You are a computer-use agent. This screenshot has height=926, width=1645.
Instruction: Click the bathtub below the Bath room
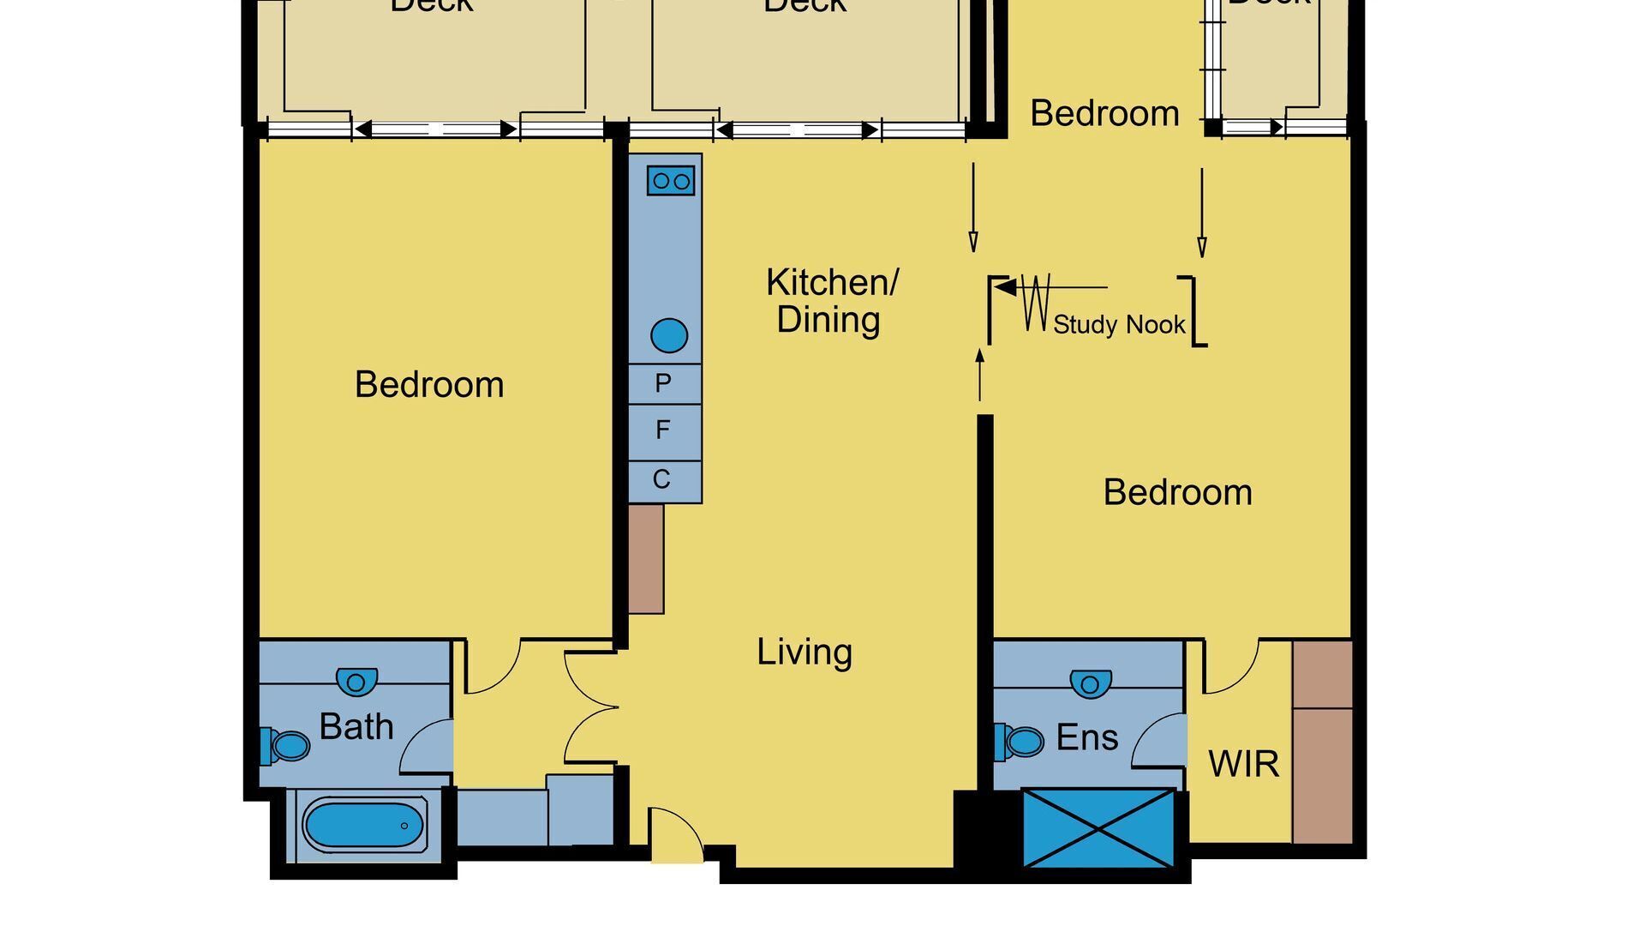point(363,825)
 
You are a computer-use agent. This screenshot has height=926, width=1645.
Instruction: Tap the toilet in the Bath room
point(287,745)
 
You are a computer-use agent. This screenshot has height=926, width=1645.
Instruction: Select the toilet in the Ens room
point(1020,741)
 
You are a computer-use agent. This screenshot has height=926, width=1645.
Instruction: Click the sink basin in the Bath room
point(356,682)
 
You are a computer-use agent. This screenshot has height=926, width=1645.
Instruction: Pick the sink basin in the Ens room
point(1090,683)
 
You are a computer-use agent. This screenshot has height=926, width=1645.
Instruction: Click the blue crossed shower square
point(1098,828)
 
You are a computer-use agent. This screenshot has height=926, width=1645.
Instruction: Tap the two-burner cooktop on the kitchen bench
point(671,181)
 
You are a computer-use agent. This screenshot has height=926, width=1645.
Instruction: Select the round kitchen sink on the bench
point(669,335)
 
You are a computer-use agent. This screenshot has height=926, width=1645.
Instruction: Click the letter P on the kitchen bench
point(663,383)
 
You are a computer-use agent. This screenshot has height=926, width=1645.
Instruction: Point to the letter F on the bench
point(663,430)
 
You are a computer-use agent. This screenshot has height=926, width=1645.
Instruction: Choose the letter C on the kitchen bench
point(661,479)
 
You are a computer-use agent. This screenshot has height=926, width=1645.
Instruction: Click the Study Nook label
point(1118,324)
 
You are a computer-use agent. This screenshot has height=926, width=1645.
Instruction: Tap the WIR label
point(1243,763)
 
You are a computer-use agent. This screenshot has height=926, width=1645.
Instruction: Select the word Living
point(804,652)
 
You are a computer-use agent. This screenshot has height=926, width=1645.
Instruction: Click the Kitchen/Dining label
point(830,300)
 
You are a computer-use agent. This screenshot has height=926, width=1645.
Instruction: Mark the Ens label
point(1086,737)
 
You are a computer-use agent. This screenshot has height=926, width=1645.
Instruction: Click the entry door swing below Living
point(673,833)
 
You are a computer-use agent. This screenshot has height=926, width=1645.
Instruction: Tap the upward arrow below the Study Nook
point(980,373)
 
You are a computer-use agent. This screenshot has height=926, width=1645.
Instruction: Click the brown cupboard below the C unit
point(646,558)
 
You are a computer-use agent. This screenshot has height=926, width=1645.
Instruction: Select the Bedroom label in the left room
point(429,384)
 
